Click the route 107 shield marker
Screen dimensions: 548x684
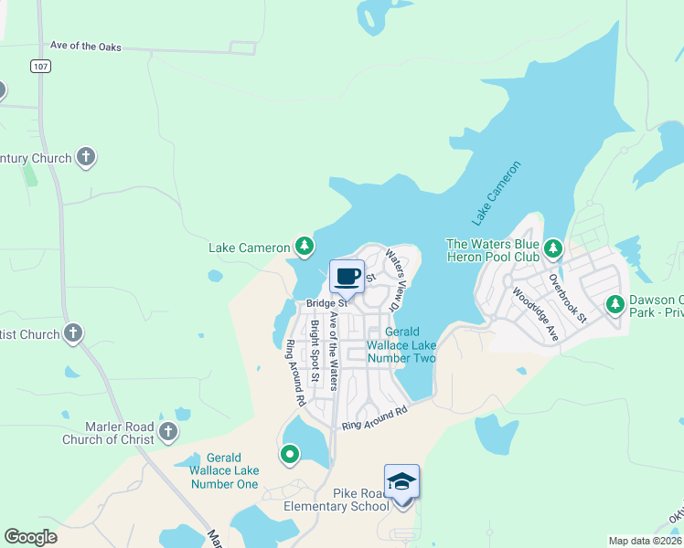pos(39,66)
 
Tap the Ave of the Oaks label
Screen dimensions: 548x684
pos(85,47)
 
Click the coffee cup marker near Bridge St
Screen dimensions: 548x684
pos(347,276)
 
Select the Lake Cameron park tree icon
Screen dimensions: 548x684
pos(305,247)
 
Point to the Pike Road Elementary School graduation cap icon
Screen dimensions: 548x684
pos(401,480)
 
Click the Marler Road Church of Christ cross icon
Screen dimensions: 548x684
pos(166,431)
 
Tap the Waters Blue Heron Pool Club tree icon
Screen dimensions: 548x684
pos(552,248)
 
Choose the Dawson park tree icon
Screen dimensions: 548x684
pos(616,304)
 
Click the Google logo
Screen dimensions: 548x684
pos(31,537)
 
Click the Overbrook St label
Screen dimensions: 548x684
pos(567,297)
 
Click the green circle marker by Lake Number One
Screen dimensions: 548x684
pos(290,453)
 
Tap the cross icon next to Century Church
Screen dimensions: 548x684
pos(87,157)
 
